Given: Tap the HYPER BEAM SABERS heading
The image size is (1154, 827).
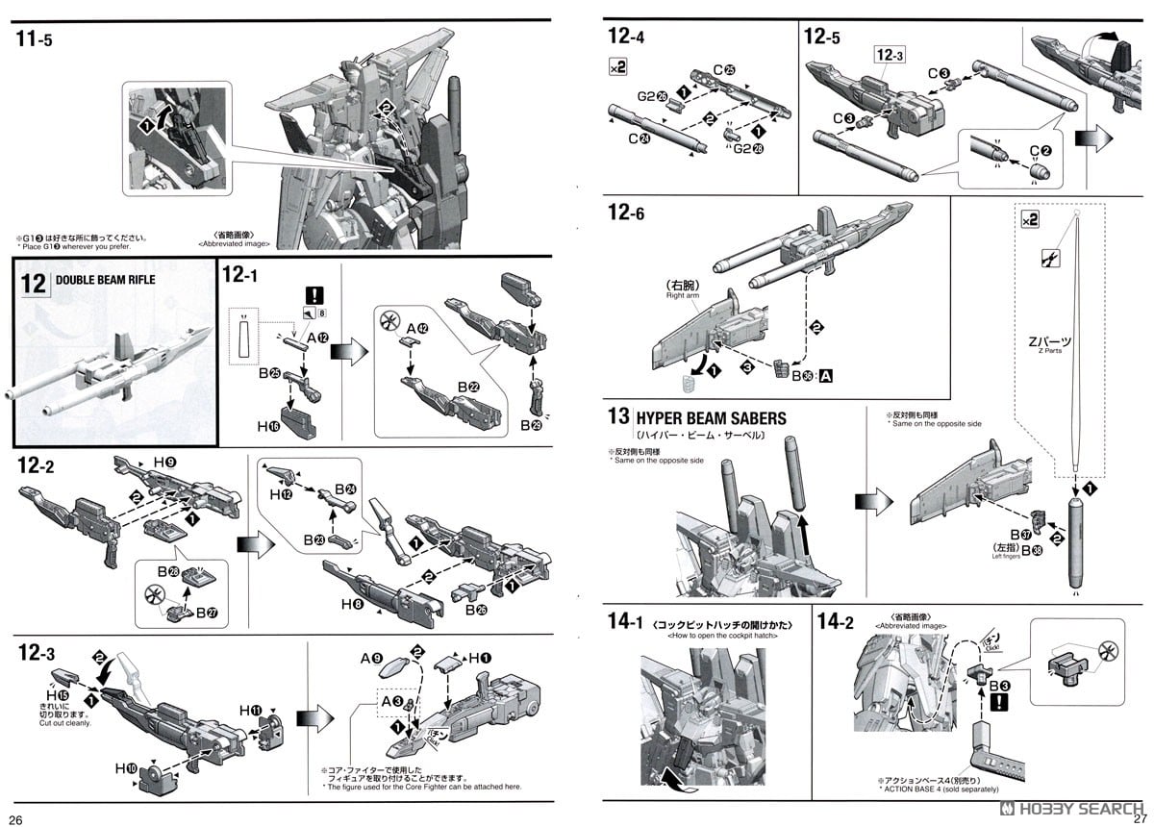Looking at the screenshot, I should coord(710,418).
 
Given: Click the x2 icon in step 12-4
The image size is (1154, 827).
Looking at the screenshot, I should coord(617,67).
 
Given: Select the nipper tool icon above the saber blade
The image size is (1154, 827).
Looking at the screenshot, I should coord(1049,257).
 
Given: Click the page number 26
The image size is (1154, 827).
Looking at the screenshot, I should coord(16,819).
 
